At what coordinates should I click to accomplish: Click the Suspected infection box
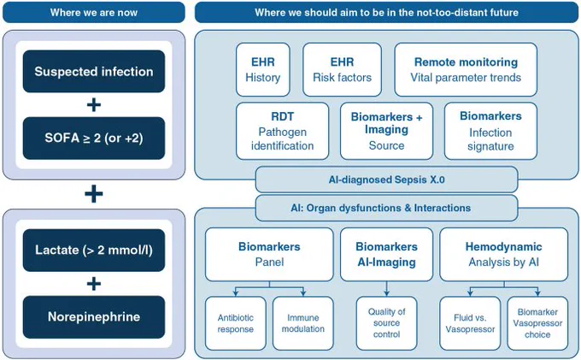coord(94,71)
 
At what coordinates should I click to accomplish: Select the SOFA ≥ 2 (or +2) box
coord(94,138)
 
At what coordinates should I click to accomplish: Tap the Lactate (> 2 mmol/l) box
coord(94,250)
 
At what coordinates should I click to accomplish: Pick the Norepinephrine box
coord(94,316)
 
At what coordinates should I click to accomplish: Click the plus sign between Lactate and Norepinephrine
coord(94,284)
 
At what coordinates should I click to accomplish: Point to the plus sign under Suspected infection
coord(94,104)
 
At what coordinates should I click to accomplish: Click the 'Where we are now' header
coord(94,12)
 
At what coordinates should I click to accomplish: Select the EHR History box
coord(262,69)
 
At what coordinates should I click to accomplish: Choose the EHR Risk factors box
coord(342,69)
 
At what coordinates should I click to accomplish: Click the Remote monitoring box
coord(466,69)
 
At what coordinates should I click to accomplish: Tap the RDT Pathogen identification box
coord(282,131)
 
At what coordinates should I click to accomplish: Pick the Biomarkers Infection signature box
coord(490,131)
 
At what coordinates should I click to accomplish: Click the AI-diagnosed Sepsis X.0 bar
coord(386,180)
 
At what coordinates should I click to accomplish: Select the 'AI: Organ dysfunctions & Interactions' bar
coord(386,208)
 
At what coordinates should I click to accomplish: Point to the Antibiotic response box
coord(235,323)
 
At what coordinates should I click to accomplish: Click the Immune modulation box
coord(303,323)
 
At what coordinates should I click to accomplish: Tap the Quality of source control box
coord(386,323)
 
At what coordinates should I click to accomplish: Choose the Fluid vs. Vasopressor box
coord(470,323)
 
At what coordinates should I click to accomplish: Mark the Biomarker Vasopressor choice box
coord(537,323)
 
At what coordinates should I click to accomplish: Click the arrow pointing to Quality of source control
coord(386,289)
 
